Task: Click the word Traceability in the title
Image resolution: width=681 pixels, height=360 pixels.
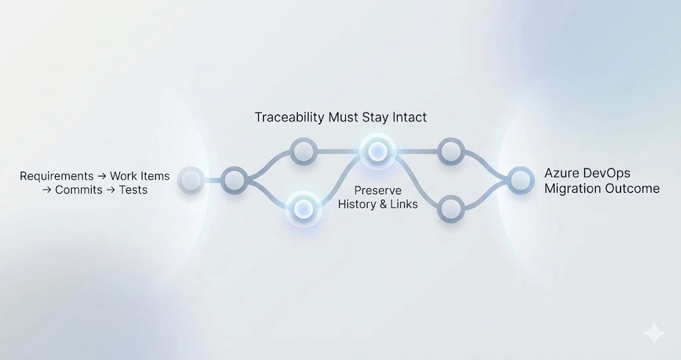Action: (289, 118)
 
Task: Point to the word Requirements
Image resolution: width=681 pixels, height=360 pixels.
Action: (57, 176)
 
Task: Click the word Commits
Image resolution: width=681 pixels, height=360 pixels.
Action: (79, 190)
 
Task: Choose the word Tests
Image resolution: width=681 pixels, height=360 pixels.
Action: (133, 190)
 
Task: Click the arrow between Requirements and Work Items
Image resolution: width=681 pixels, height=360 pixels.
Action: (102, 176)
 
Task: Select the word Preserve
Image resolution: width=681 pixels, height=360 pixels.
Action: (378, 191)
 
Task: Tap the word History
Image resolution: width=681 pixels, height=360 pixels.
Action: (357, 204)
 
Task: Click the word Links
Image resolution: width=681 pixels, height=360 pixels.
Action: (404, 204)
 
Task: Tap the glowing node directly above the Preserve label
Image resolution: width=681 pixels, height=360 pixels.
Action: (378, 151)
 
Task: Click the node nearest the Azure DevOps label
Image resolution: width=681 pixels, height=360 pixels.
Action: (521, 179)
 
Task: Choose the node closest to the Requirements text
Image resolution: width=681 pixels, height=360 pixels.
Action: (192, 180)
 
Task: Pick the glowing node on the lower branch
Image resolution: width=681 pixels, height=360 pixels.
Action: (303, 208)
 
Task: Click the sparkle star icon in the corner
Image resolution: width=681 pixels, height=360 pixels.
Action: (653, 333)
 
